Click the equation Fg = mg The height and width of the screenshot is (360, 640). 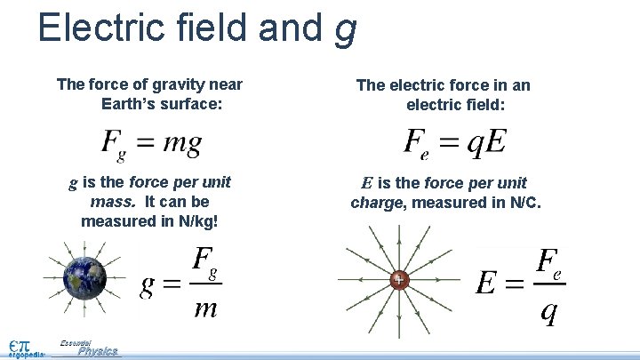coord(151,141)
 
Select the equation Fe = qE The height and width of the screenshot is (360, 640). coord(454,142)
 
